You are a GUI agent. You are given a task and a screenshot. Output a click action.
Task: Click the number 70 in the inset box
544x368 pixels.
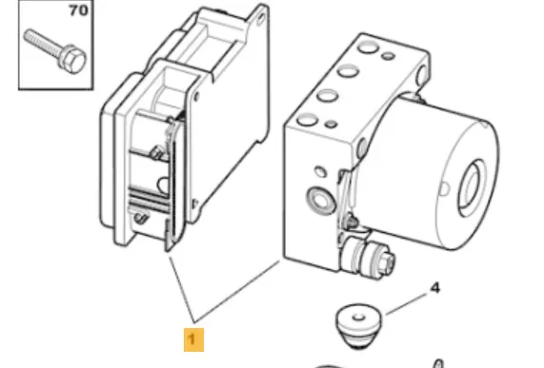(x=74, y=13)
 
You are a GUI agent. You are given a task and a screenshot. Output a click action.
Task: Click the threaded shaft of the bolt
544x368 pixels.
(x=43, y=45)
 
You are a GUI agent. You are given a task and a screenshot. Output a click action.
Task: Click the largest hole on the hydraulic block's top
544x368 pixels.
(x=326, y=95)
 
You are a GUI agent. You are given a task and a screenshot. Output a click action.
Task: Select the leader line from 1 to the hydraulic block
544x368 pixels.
(x=238, y=289)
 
